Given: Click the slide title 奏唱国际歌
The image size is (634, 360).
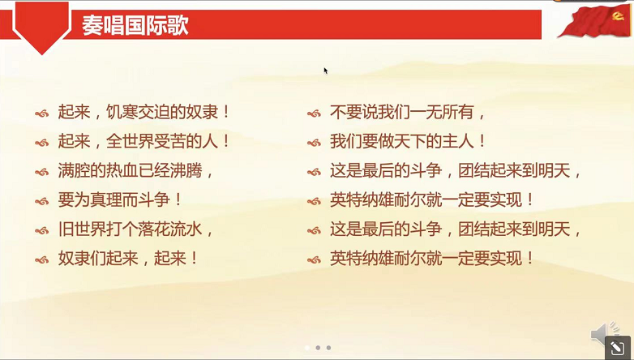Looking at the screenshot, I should point(135,25).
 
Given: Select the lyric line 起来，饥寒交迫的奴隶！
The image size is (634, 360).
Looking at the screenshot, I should point(144,112).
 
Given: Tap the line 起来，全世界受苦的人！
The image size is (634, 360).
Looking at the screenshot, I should point(144,141).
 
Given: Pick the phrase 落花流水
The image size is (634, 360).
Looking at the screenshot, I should point(169,229).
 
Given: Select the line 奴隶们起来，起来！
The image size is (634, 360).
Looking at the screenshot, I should point(128,259).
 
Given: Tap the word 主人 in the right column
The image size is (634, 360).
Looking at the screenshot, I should point(460,141).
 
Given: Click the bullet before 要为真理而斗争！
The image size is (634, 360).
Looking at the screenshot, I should point(42,201).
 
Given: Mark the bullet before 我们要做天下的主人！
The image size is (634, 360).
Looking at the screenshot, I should point(315,142).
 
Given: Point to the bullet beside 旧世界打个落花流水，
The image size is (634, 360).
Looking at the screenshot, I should point(42,230).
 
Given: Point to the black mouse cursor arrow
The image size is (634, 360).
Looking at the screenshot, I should point(326,71).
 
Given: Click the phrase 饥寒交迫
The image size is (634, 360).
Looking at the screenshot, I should point(144,112).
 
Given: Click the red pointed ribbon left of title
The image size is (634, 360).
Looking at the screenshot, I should point(41,29).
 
